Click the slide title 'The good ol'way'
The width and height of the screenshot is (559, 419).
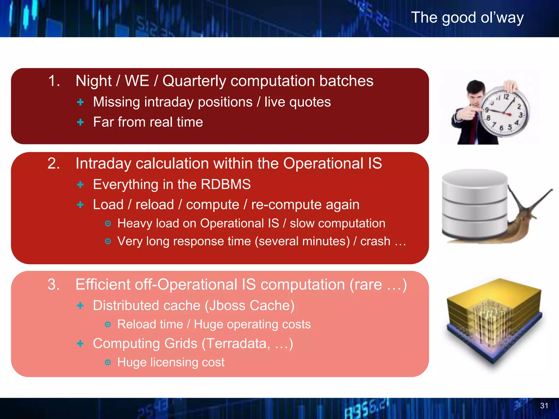pos(467,18)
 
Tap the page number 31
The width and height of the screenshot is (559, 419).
pos(544,406)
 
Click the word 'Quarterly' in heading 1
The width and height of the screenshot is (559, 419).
pos(194,81)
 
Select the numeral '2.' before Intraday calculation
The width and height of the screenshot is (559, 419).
pos(54,163)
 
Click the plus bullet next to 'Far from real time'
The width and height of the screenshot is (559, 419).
pos(80,122)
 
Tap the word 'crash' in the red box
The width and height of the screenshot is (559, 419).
pos(375,241)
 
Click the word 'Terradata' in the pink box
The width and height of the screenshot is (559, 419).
pos(236,343)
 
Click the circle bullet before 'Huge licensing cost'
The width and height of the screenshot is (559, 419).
pos(108,362)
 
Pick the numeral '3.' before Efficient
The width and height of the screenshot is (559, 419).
pos(54,285)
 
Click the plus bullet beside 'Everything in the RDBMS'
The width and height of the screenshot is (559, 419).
pos(80,185)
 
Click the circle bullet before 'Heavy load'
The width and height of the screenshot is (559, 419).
pos(108,223)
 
